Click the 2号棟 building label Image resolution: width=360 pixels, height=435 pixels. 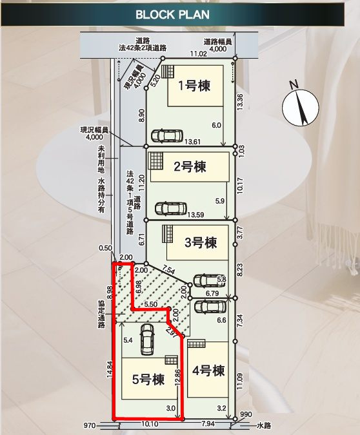tap(190, 167)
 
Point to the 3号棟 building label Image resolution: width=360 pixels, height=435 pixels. tap(201, 242)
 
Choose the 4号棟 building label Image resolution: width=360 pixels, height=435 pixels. tap(208, 371)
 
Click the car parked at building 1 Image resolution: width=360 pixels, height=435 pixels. tap(166, 135)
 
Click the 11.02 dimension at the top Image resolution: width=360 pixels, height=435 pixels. tap(197, 54)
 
